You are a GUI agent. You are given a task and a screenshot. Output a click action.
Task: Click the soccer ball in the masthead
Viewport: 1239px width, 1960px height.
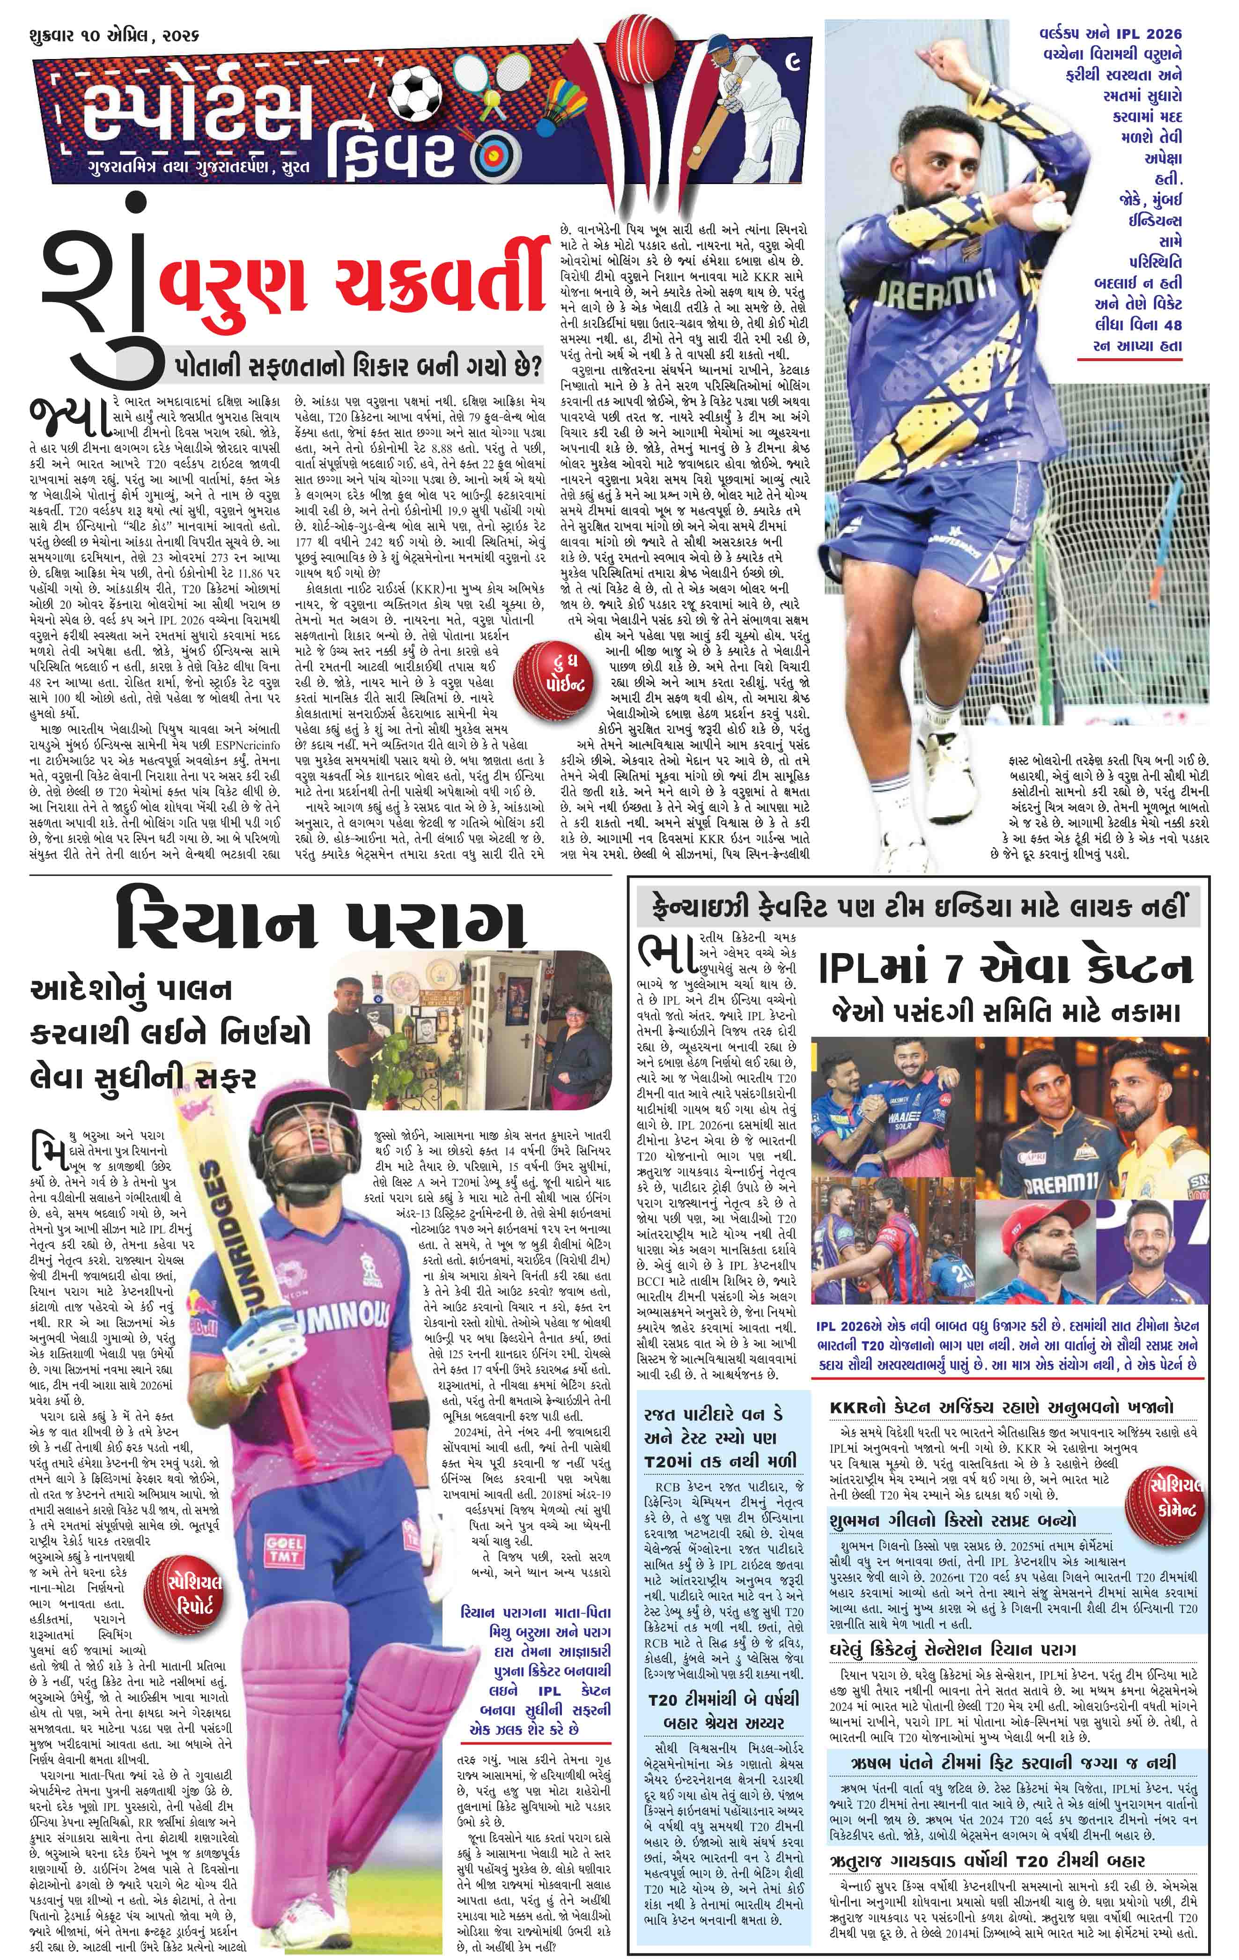[412, 92]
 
